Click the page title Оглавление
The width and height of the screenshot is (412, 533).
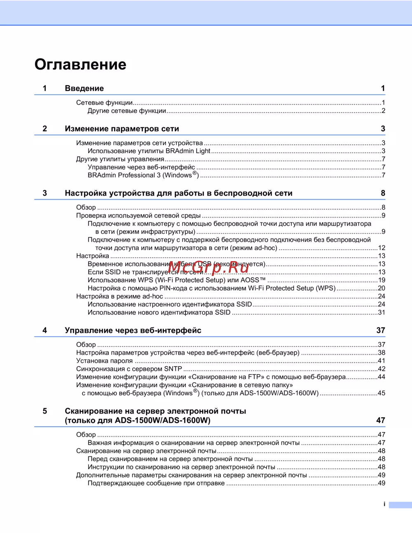pos(80,65)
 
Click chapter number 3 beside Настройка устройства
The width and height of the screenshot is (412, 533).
pos(45,193)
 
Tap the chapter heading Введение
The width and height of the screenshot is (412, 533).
pos(84,89)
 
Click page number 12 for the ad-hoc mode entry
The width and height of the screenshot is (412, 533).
pos(382,248)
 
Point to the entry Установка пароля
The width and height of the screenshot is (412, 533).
pos(104,361)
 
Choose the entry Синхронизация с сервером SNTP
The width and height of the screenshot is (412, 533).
pos(129,369)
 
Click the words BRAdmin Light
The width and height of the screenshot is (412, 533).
pos(188,151)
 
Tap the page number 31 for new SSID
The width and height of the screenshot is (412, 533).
pos(382,313)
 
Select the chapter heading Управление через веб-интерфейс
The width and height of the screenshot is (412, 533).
pos(133,330)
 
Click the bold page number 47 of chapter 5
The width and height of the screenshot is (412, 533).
pos(380,421)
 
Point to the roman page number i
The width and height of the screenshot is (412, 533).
pos(384,504)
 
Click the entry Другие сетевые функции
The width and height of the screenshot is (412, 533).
pos(126,111)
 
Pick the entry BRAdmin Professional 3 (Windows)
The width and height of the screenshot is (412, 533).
pos(143,175)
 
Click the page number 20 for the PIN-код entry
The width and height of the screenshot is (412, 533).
pos(382,288)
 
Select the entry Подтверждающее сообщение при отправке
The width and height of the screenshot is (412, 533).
pos(156,483)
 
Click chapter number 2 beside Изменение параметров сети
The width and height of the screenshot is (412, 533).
pos(45,129)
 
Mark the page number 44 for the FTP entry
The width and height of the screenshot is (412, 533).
pos(382,377)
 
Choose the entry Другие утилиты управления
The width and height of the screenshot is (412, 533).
pos(120,159)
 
